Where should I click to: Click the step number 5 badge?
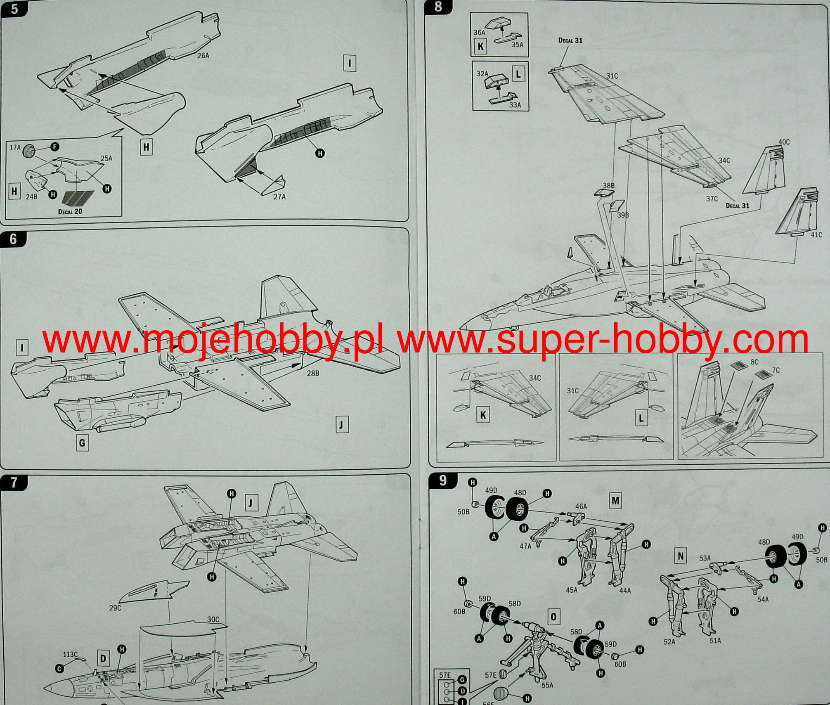(14, 8)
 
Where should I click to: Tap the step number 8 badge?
(438, 7)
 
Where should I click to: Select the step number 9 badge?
(442, 480)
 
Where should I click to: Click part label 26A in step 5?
(203, 55)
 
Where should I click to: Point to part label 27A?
(279, 197)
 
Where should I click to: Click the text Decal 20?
(70, 212)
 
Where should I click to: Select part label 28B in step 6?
(313, 374)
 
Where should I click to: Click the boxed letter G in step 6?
(82, 443)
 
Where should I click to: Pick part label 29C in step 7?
(115, 608)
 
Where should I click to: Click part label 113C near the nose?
(70, 654)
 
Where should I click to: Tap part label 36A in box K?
(479, 32)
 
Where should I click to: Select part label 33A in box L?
(515, 105)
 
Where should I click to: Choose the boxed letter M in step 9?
(615, 501)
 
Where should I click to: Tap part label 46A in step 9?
(581, 506)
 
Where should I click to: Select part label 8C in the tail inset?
(754, 362)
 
